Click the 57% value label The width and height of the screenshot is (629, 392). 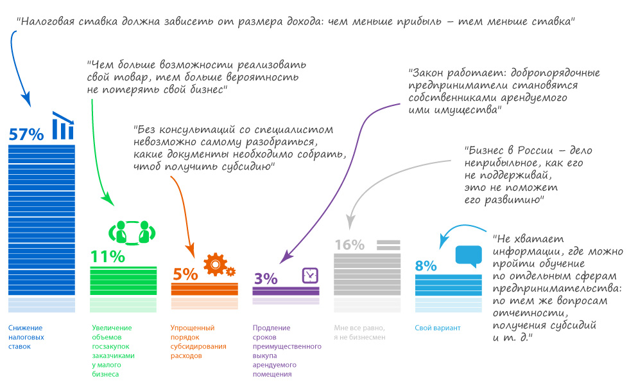click(x=26, y=134)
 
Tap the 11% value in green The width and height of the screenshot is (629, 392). click(x=107, y=256)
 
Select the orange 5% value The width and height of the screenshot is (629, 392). click(x=185, y=274)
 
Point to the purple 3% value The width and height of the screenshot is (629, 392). click(x=265, y=278)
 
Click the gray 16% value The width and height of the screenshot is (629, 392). click(x=349, y=245)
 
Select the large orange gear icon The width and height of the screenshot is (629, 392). click(x=216, y=263)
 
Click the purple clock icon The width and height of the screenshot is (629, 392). click(x=310, y=274)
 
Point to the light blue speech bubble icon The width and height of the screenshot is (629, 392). click(x=468, y=256)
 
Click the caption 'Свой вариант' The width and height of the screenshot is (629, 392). click(x=438, y=328)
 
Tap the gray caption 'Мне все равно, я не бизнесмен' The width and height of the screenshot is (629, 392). click(x=359, y=332)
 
